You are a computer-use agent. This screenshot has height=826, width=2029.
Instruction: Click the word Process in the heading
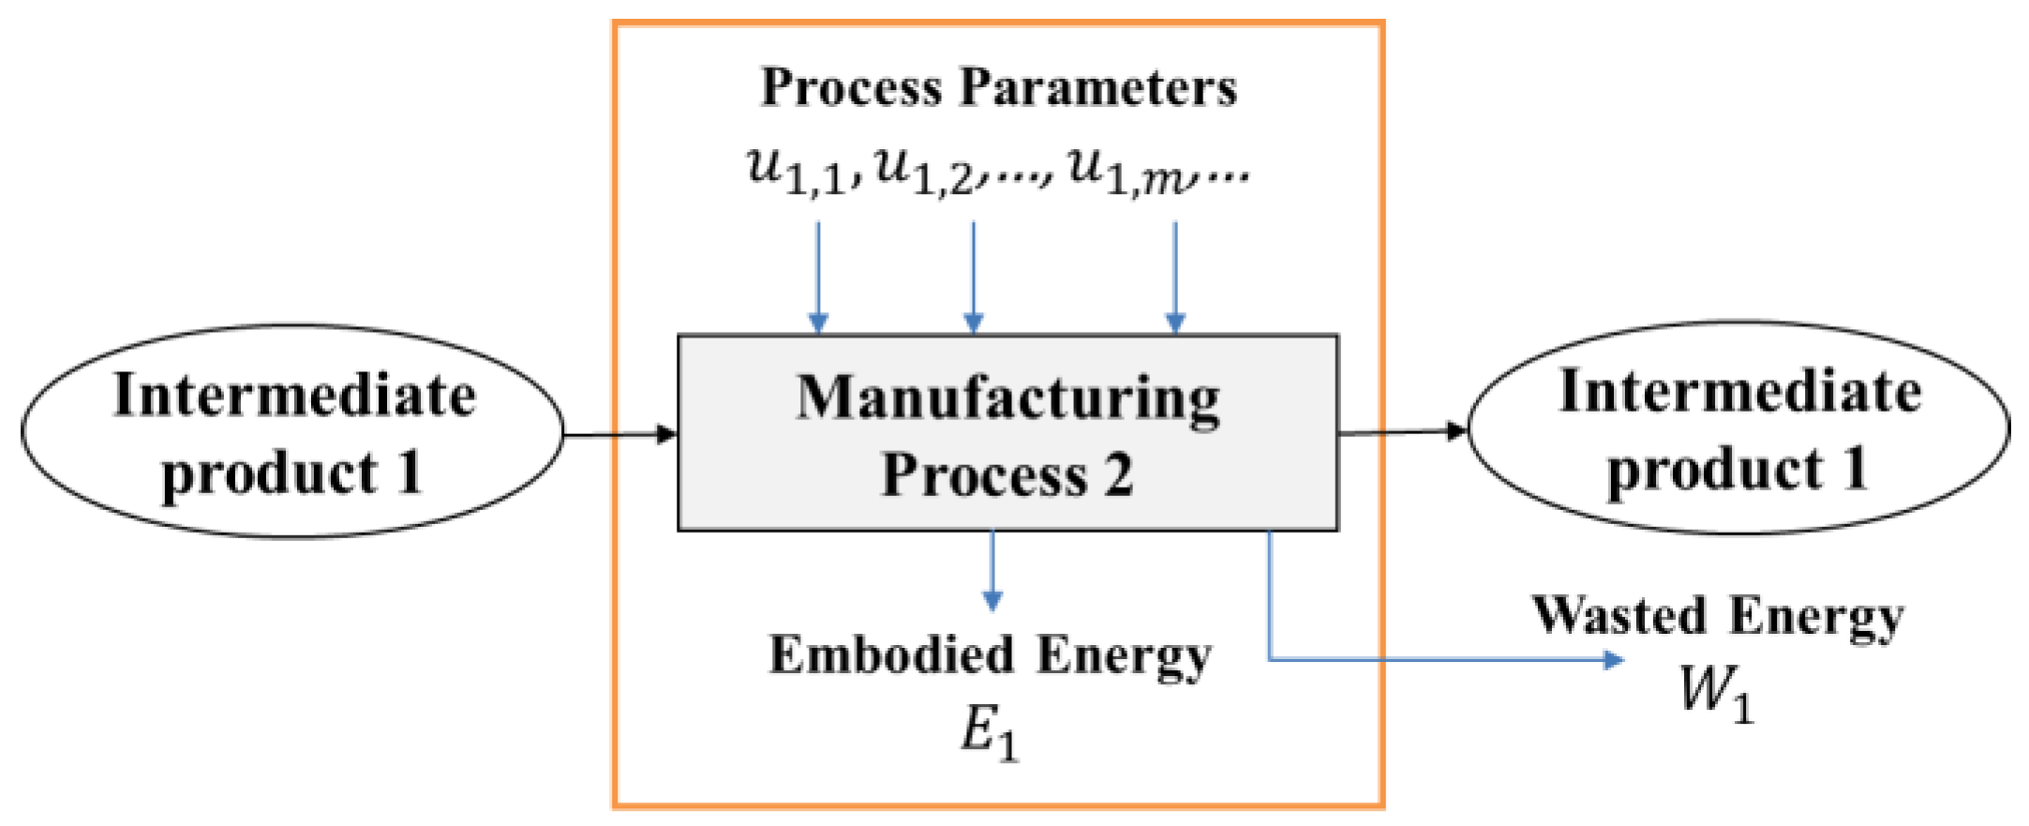(x=850, y=88)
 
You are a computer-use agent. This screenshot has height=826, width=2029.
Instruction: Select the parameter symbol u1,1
(x=797, y=171)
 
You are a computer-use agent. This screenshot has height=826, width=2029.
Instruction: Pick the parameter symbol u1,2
(x=924, y=171)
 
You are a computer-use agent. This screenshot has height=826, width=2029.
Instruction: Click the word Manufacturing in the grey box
(x=1007, y=398)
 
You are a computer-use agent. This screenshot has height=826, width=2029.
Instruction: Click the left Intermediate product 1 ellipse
(x=292, y=432)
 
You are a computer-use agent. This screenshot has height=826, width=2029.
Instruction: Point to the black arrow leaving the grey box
(x=1402, y=432)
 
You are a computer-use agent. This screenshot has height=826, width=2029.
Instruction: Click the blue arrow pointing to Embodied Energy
(x=992, y=572)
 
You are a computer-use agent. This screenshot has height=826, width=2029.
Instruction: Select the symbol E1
(x=989, y=732)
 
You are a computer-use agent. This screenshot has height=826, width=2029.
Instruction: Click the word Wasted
(x=1619, y=617)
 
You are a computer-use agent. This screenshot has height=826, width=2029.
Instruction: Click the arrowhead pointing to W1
(x=1614, y=660)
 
